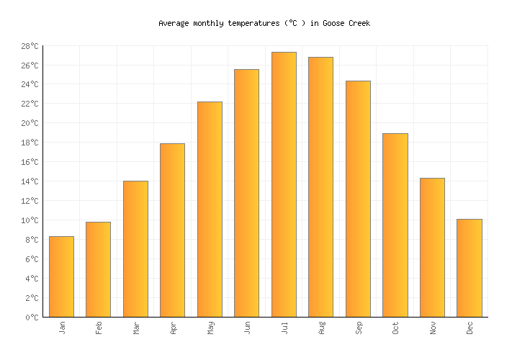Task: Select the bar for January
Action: [x=61, y=276]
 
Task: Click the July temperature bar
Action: [x=284, y=184]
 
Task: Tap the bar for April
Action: [x=172, y=230]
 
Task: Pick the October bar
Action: [x=395, y=225]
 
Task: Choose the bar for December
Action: [x=469, y=268]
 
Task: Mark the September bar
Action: [x=358, y=199]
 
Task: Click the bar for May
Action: [x=210, y=210]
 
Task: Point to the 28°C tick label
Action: [x=30, y=46]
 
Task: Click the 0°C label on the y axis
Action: [x=32, y=318]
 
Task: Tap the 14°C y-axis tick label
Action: [x=30, y=181]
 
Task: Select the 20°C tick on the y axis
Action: [x=30, y=123]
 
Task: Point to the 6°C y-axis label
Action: [x=32, y=259]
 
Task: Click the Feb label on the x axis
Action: [x=99, y=328]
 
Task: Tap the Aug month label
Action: [x=321, y=328]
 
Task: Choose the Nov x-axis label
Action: [x=432, y=328]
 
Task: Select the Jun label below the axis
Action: [x=247, y=328]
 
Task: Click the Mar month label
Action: [x=135, y=328]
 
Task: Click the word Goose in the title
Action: [x=333, y=24]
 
